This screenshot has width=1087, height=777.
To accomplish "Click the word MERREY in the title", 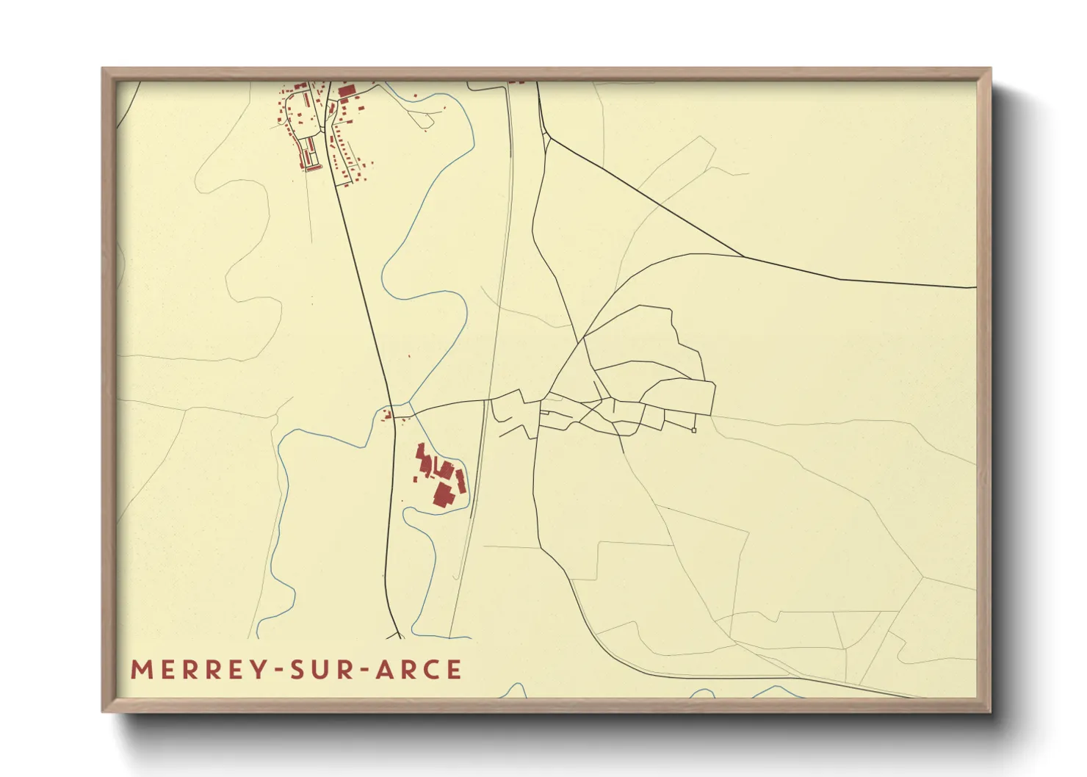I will [197, 670].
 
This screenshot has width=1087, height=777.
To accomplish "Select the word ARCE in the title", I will [419, 670].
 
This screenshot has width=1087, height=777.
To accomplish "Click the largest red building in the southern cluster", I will [442, 494].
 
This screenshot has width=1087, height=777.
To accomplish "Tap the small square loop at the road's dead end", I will [694, 430].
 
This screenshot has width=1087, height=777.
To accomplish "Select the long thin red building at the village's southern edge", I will [314, 168].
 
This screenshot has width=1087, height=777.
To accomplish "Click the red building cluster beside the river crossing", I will [386, 416].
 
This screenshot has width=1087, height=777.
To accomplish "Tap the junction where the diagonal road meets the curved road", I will [743, 256].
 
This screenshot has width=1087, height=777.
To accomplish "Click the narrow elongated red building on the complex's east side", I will [461, 482].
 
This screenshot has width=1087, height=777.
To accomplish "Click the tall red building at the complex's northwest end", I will [421, 452].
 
